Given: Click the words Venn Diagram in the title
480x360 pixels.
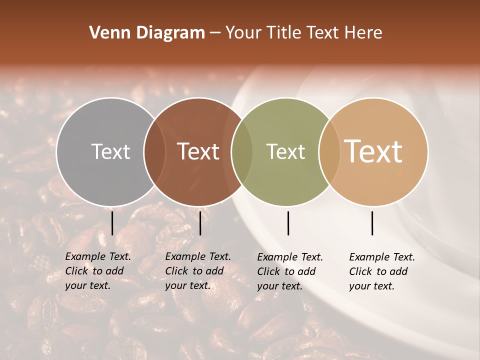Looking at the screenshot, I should [x=147, y=33].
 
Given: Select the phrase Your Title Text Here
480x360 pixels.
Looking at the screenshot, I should [x=303, y=33].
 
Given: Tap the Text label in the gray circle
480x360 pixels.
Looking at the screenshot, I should [x=110, y=151].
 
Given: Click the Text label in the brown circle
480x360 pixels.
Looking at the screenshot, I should [x=198, y=151].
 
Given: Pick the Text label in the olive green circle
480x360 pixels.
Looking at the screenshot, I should [x=285, y=151].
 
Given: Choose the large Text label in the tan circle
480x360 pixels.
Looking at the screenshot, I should [x=373, y=151].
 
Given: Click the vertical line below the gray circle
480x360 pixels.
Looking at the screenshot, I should [x=112, y=223].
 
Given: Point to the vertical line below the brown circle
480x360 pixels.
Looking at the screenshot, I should [x=200, y=223].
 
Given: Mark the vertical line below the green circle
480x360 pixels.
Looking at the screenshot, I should [x=288, y=223].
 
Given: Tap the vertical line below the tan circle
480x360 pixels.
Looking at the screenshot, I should [x=372, y=223].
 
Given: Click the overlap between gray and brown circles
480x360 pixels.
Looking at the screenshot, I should [x=154, y=151].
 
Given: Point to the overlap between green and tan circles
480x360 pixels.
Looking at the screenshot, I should [x=329, y=151].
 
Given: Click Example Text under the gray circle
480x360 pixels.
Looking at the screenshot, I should [x=98, y=256].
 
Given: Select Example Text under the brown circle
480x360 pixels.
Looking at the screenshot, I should [x=198, y=256].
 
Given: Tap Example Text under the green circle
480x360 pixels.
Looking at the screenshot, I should [x=290, y=257].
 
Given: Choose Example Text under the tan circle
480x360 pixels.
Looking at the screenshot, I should [x=382, y=257].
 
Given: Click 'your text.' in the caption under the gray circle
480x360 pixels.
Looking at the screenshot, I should [x=88, y=286].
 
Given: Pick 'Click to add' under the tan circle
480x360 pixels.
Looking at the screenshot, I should [x=378, y=271].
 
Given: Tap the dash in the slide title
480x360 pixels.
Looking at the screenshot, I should [x=215, y=33].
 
